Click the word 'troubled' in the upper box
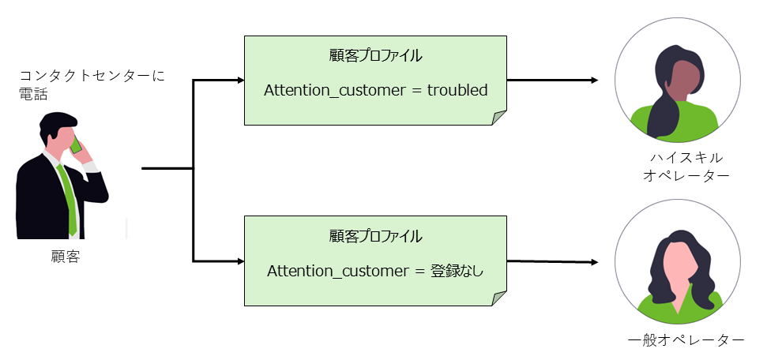coord(457,91)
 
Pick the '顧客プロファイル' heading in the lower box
coord(374,236)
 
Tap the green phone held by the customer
coord(77,145)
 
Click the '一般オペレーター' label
coord(686,340)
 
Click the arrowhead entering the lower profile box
coord(240,261)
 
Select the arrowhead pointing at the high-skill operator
coord(593,81)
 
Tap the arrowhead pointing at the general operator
coord(593,261)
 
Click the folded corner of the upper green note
coord(498,118)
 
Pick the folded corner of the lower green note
coord(498,298)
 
